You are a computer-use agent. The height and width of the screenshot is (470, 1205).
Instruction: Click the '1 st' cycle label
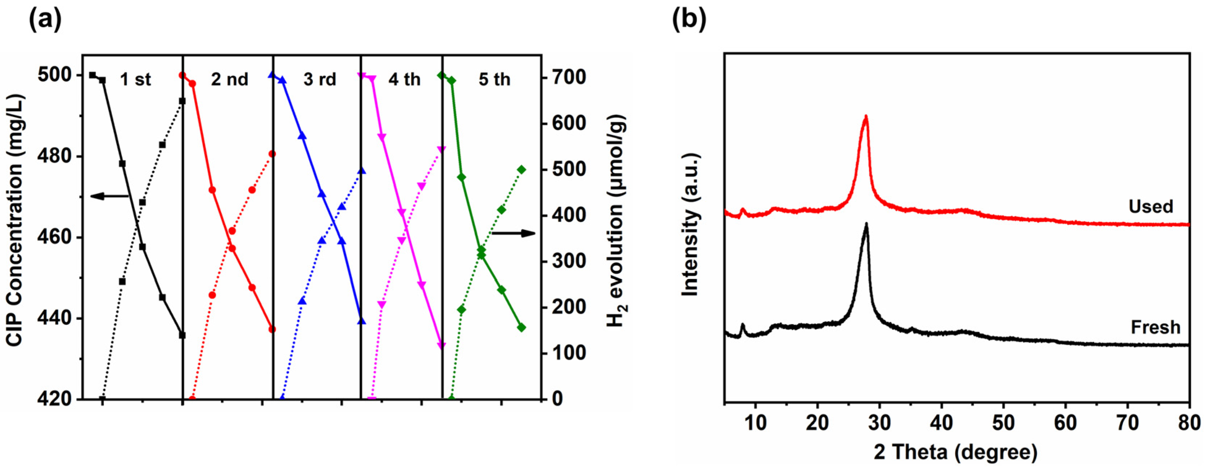pos(135,80)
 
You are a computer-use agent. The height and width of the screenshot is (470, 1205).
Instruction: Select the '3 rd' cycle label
pos(319,80)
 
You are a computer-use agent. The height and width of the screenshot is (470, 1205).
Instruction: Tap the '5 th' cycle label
pos(494,80)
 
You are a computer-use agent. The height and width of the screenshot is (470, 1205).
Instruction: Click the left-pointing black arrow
pos(109,196)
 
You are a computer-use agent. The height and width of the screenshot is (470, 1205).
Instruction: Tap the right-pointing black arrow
pos(513,233)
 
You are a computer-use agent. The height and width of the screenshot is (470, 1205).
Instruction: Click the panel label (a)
pos(45,20)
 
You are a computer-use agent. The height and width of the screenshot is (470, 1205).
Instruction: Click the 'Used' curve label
pos(1150,206)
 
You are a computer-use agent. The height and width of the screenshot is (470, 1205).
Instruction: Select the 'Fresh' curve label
pos(1155,327)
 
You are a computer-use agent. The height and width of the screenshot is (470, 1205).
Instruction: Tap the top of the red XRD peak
pos(866,117)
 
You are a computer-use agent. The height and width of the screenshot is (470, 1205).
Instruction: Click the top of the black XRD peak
pos(866,224)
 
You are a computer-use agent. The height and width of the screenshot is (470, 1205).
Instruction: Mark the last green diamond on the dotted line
pos(522,169)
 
